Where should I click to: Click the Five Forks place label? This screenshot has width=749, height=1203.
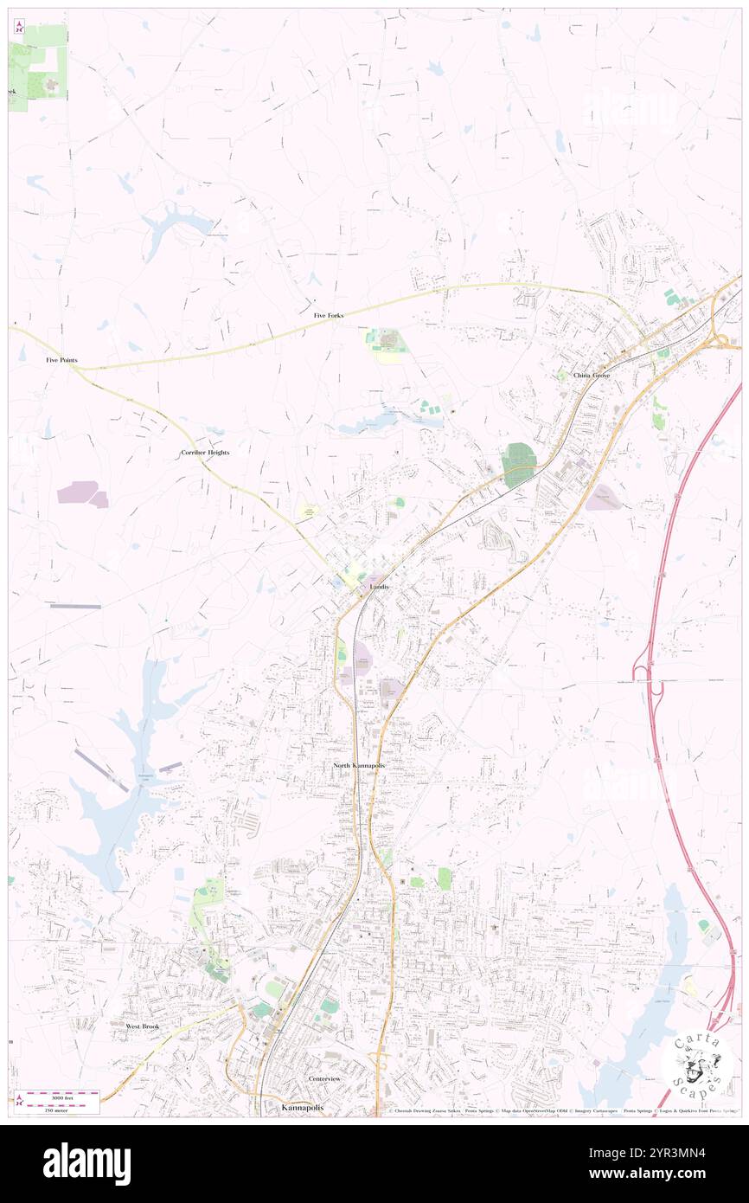pos(328,315)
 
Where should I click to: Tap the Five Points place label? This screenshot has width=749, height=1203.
pos(62,358)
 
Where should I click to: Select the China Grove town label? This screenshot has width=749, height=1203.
pos(592,376)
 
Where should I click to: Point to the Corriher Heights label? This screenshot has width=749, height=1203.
pos(205,453)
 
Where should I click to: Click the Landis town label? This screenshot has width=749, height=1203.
pos(379,587)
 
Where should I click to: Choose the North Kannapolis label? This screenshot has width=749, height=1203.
pos(360,767)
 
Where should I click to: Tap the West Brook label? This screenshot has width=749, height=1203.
pos(143,1026)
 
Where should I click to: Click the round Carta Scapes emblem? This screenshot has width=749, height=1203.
pos(698,1064)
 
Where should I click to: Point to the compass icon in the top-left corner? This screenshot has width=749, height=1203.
pos(19,28)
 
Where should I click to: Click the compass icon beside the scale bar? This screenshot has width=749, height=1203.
pos(19,1099)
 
